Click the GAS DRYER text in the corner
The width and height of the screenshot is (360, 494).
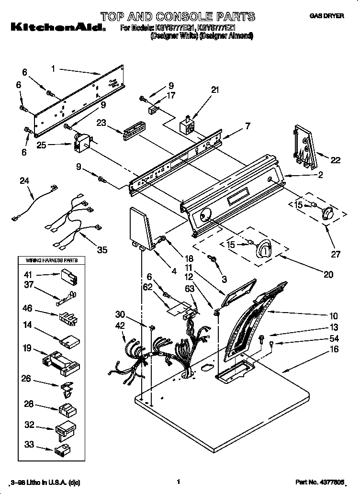point(326,16)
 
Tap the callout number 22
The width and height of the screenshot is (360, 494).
point(335,160)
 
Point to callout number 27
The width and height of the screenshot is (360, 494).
point(331,236)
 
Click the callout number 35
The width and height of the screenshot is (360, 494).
point(101,249)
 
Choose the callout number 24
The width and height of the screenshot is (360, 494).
point(24,181)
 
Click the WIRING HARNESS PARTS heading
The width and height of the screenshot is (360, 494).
point(48,260)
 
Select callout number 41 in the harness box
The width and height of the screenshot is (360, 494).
point(28,275)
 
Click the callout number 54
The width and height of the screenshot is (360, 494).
point(334,338)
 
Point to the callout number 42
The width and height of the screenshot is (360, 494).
point(120,325)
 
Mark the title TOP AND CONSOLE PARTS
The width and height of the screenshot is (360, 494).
point(178,17)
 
